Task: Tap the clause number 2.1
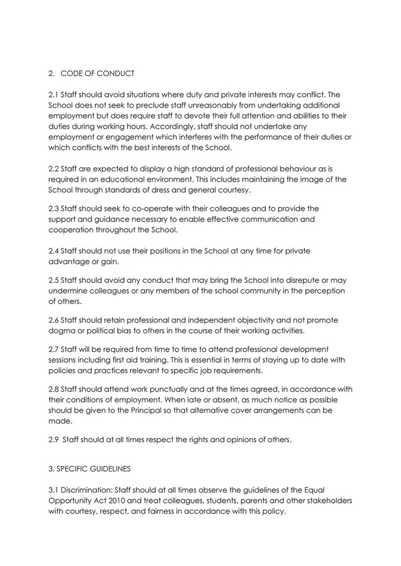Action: click(x=54, y=95)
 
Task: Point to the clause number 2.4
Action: click(x=54, y=251)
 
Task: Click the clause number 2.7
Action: click(x=54, y=349)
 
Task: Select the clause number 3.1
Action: click(x=53, y=490)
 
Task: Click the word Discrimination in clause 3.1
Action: click(x=86, y=490)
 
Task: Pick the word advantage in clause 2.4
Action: click(x=69, y=261)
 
